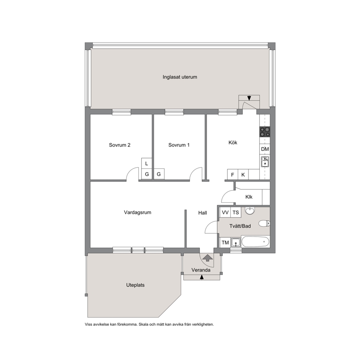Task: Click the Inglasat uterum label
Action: (180, 77)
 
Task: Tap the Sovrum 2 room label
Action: (120, 145)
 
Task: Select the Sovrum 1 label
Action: (179, 145)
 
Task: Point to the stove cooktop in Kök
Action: (265, 132)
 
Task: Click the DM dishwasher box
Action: (265, 149)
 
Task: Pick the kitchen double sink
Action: (265, 161)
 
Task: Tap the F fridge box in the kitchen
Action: (233, 175)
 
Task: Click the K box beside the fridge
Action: (243, 175)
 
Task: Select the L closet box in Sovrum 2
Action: (147, 163)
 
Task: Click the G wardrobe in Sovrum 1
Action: (159, 174)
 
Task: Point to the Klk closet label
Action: (249, 197)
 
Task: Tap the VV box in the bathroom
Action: (225, 212)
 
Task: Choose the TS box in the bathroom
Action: (236, 212)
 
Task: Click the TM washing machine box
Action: (225, 242)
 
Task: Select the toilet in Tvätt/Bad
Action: (265, 223)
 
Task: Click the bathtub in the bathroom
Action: (255, 242)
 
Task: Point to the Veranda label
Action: (201, 270)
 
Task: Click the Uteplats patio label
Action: (135, 285)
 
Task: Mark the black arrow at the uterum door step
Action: (249, 98)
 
